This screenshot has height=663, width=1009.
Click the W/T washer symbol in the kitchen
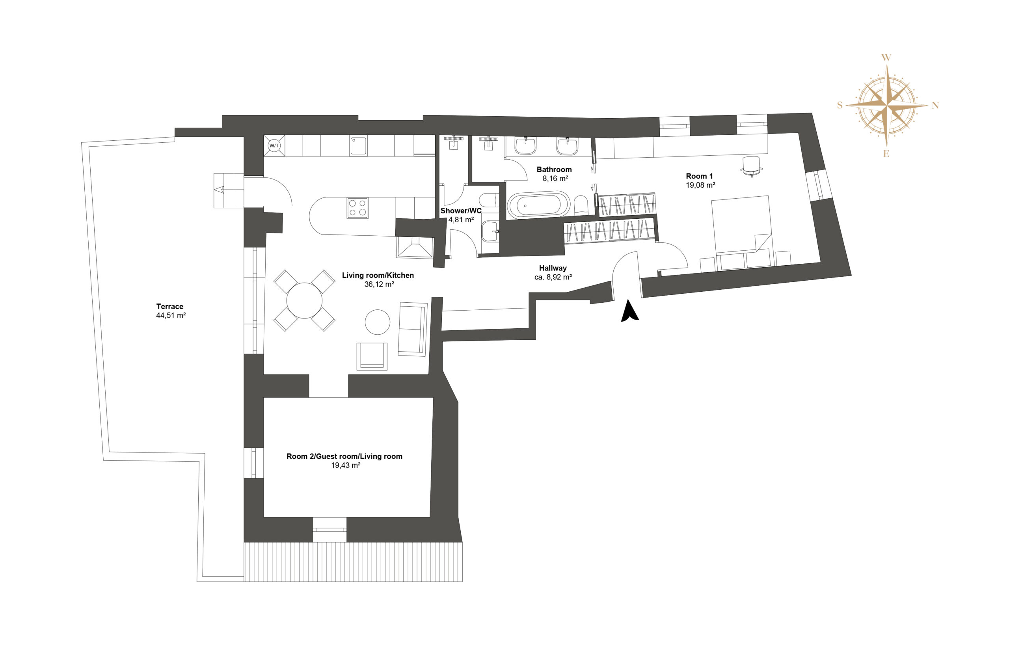(274, 146)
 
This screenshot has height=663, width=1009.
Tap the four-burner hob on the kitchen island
(357, 208)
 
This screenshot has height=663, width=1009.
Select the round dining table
(304, 300)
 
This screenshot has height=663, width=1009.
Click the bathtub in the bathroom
(539, 206)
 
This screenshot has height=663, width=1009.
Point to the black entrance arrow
(629, 311)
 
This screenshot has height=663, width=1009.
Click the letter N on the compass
(935, 105)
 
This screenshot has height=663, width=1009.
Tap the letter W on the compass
(886, 58)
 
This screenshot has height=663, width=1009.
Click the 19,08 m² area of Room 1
(700, 185)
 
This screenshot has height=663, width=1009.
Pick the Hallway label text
(553, 268)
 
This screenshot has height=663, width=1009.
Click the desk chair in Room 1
(751, 166)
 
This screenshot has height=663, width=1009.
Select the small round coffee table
(377, 322)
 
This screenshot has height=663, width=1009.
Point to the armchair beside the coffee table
(372, 356)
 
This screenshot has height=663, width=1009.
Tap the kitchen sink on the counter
(359, 145)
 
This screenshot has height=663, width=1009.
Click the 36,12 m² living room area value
(379, 285)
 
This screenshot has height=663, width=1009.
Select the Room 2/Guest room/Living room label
(344, 456)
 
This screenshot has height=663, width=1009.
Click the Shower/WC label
(461, 210)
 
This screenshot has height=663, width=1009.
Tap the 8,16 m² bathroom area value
(555, 179)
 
